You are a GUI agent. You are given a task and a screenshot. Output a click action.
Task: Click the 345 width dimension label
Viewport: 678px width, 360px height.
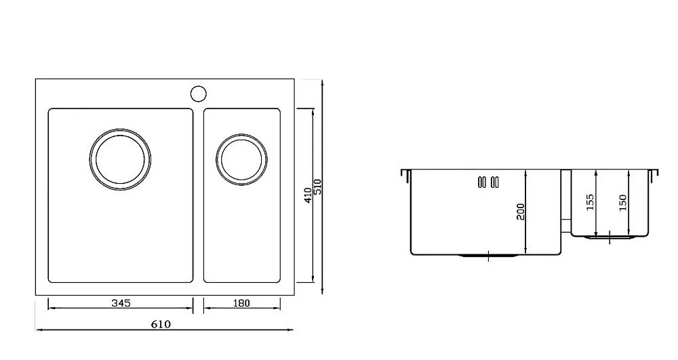[121, 303]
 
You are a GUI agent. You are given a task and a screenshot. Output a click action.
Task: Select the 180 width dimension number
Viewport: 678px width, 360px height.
[242, 303]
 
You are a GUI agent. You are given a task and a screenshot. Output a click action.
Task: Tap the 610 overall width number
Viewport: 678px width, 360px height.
[161, 324]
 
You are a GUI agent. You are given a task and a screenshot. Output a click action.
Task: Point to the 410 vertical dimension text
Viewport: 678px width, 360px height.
[308, 195]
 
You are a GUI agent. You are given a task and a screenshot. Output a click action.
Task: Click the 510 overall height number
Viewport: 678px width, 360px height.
[318, 186]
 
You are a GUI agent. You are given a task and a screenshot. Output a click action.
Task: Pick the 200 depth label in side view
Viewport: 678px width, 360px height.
[520, 212]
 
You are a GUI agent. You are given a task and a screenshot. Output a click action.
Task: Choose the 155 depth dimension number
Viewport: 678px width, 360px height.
[591, 202]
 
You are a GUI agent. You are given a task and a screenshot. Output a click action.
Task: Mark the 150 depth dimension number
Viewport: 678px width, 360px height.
[622, 203]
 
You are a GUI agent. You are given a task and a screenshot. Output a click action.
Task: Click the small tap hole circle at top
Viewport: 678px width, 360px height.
[199, 94]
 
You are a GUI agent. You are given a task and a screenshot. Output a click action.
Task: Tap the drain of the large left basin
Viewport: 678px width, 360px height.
[120, 129]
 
